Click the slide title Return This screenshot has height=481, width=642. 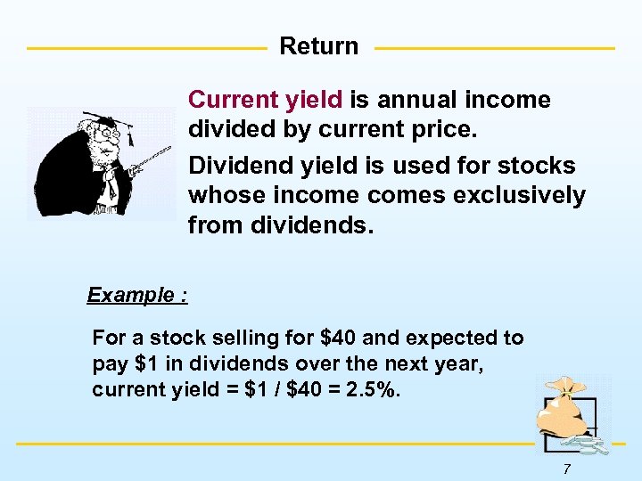click(x=318, y=46)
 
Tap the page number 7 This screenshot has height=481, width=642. click(x=566, y=469)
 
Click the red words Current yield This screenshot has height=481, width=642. click(x=267, y=100)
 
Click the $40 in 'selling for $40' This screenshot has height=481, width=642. click(x=337, y=338)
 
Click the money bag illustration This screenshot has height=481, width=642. click(x=564, y=415)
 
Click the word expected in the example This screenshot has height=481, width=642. click(x=455, y=338)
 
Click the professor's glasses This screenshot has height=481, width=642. click(x=110, y=135)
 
